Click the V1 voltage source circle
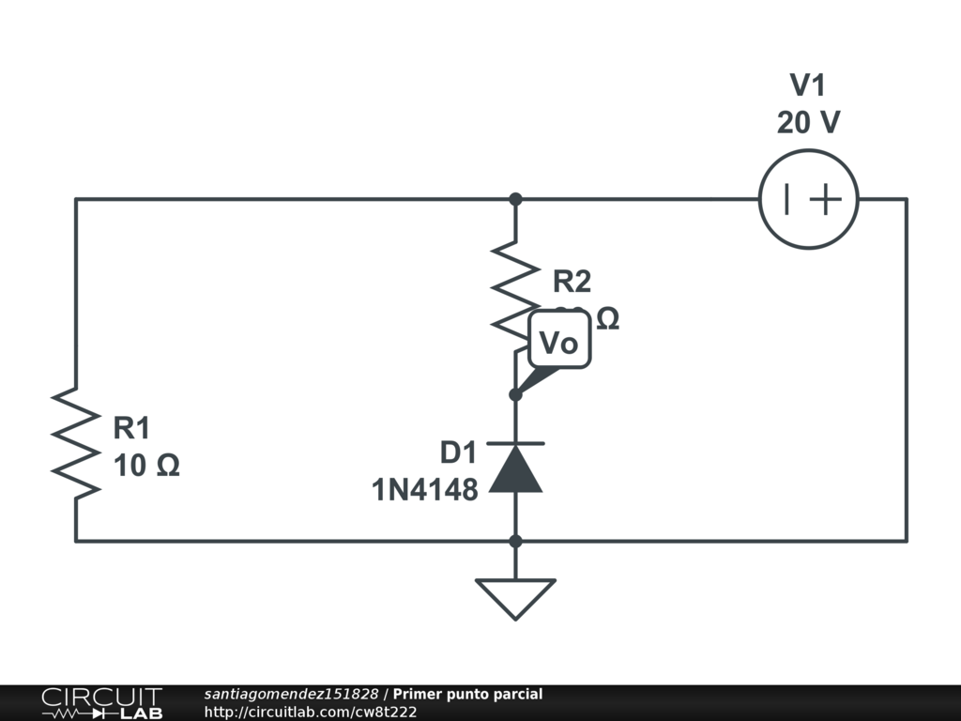808,199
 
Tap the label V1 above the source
808,85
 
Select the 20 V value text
808,123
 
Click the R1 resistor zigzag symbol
76,441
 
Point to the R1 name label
131,429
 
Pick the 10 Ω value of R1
145,466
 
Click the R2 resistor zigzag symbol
515,289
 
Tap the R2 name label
572,281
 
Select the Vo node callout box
560,343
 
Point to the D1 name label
459,453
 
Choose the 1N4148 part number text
425,489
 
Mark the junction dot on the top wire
515,199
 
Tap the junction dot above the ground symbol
515,541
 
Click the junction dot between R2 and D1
515,394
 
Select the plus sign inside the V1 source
826,199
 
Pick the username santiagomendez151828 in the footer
291,695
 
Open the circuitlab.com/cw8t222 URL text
311,713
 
